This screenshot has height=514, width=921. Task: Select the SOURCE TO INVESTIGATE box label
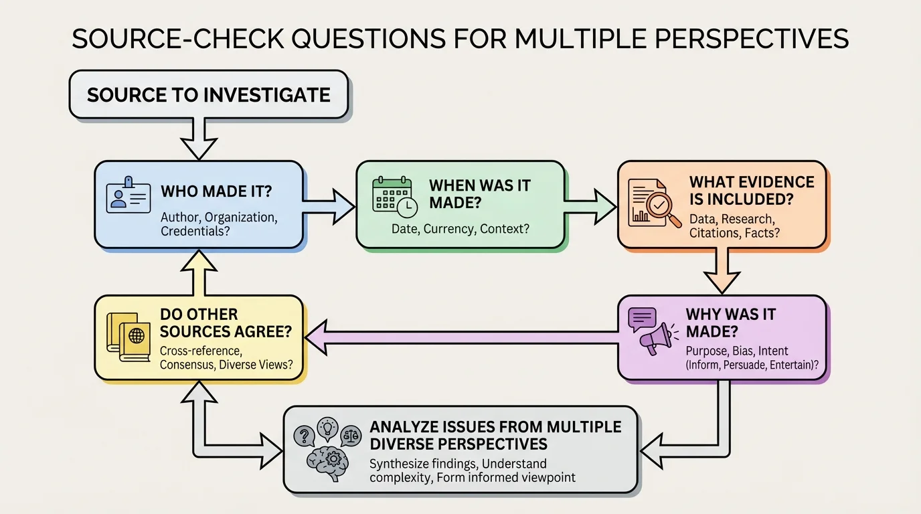209,94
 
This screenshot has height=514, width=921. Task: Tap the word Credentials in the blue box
191,231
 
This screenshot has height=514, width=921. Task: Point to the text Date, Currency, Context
460,228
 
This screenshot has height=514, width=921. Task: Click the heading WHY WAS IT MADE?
731,322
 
